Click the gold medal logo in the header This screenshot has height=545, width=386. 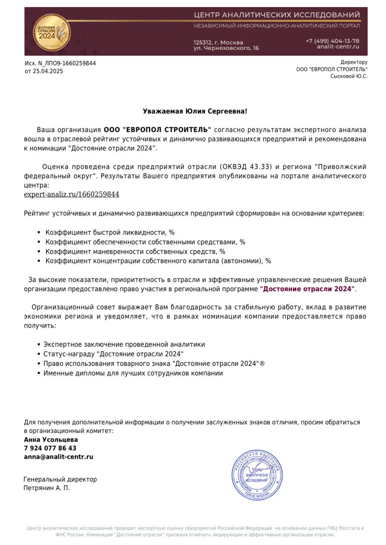(52, 32)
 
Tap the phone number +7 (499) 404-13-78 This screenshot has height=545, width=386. (332, 41)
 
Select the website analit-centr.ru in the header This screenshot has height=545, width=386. (338, 47)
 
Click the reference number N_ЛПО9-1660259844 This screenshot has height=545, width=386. (67, 63)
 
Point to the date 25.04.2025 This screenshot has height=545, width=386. (48, 71)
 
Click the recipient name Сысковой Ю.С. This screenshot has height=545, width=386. (349, 76)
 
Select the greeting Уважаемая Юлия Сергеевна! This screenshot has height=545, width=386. (195, 111)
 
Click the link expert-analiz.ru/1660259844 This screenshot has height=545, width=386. (72, 195)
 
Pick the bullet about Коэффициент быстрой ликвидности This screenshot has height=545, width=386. (110, 232)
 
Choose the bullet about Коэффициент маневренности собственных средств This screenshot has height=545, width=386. (135, 252)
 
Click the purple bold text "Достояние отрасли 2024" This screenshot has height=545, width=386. (307, 289)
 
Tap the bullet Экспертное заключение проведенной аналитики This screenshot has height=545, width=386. (124, 344)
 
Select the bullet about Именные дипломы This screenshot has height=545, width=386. (133, 373)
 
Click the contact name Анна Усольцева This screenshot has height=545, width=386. (51, 440)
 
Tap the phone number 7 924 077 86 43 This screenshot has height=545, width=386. (50, 448)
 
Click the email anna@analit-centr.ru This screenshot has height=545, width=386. (58, 457)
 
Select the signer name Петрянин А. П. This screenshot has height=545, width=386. (46, 488)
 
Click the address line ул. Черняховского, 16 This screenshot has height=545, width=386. (226, 49)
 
